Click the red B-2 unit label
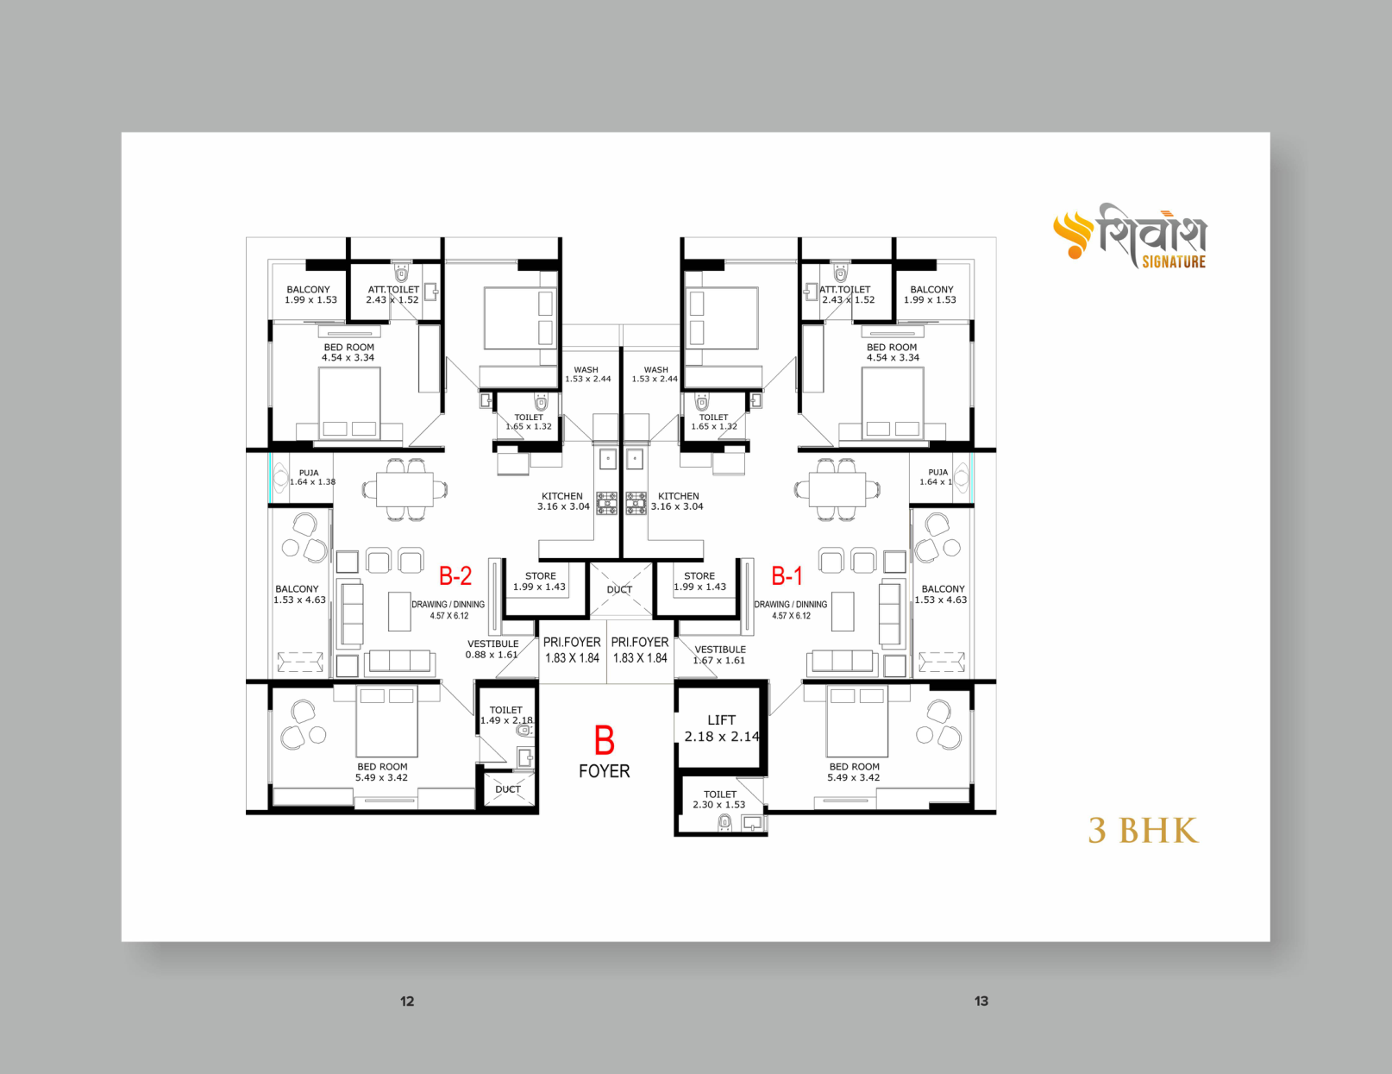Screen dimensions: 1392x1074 pyautogui.click(x=455, y=575)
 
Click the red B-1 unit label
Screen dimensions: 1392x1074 pyautogui.click(x=787, y=575)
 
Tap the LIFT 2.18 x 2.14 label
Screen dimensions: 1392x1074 pyautogui.click(x=722, y=728)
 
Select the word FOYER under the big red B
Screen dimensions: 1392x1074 pyautogui.click(x=604, y=771)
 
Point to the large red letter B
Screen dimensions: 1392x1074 pyautogui.click(x=604, y=739)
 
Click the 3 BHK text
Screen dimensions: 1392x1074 pyautogui.click(x=1143, y=831)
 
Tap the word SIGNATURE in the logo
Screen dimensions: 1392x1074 pyautogui.click(x=1174, y=261)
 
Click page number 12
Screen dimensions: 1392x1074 pyautogui.click(x=407, y=1001)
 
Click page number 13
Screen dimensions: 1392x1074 pyautogui.click(x=981, y=1001)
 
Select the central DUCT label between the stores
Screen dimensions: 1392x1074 pyautogui.click(x=619, y=589)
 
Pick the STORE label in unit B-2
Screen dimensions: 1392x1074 pyautogui.click(x=540, y=581)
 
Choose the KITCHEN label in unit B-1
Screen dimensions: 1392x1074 pyautogui.click(x=678, y=501)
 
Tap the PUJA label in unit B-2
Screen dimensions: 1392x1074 pyautogui.click(x=312, y=477)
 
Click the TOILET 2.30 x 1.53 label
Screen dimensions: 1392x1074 pyautogui.click(x=719, y=800)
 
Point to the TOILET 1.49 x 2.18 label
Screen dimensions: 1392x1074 pyautogui.click(x=506, y=715)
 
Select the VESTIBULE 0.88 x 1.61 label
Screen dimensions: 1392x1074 pyautogui.click(x=492, y=649)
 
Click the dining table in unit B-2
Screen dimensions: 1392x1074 pyautogui.click(x=404, y=490)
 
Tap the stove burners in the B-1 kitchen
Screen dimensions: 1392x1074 pyautogui.click(x=636, y=503)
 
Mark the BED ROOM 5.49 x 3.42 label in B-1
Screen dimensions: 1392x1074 pyautogui.click(x=854, y=772)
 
